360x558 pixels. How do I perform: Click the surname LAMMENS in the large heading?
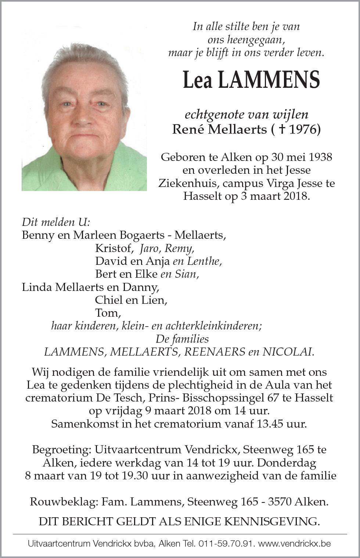click(269, 80)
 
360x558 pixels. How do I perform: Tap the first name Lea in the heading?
click(197, 80)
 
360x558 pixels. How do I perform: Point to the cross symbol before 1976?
click(282, 129)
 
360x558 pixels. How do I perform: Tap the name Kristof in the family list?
click(113, 248)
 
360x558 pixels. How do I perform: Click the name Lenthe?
click(204, 261)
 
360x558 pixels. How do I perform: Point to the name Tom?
click(107, 313)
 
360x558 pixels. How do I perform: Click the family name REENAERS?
click(215, 352)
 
